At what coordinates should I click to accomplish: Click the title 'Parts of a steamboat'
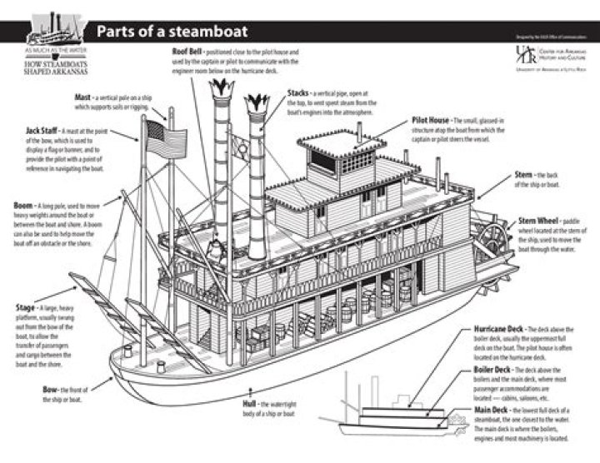pyautogui.click(x=172, y=32)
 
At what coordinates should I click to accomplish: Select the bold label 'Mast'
pyautogui.click(x=82, y=97)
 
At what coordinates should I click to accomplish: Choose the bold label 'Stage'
pyautogui.click(x=25, y=307)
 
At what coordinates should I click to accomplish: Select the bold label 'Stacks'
pyautogui.click(x=299, y=92)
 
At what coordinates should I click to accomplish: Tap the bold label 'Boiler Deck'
pyautogui.click(x=492, y=369)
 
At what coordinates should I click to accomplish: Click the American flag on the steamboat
pyautogui.click(x=156, y=132)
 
